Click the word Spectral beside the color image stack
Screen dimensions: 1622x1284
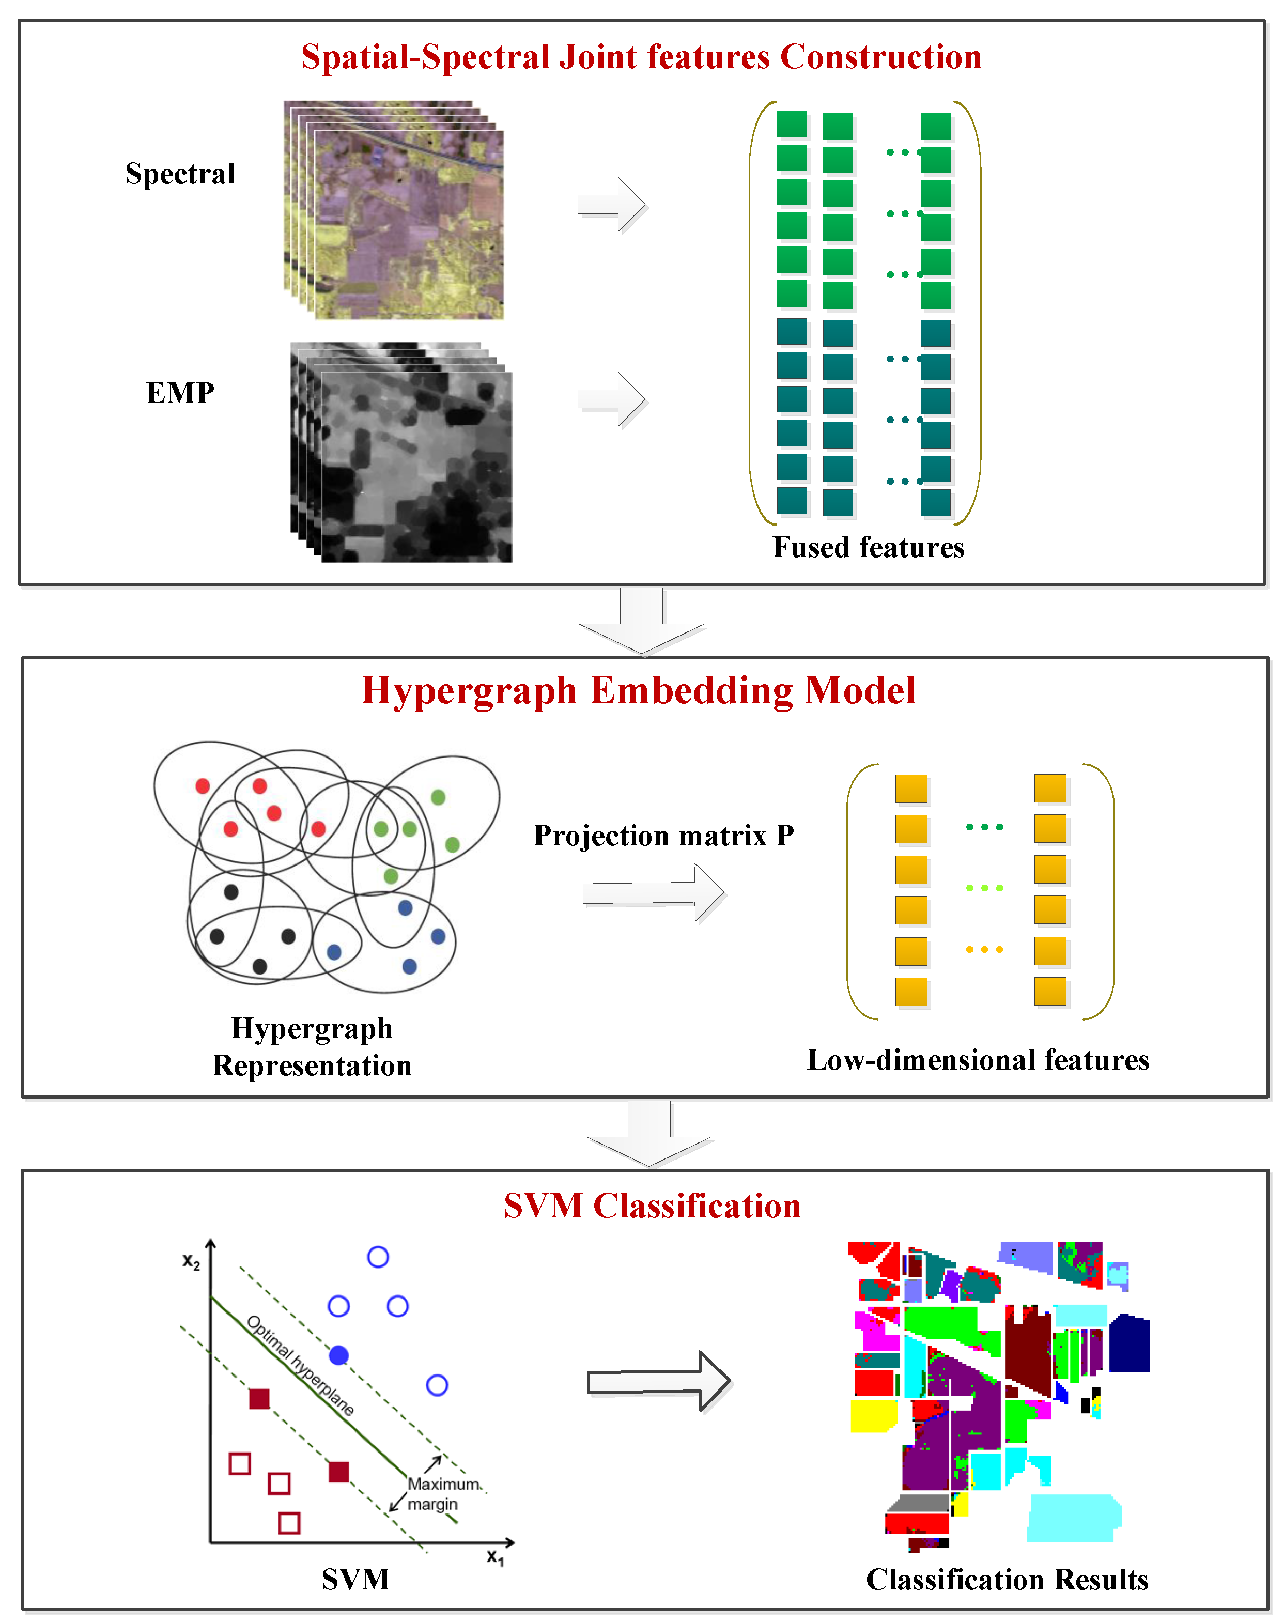(x=180, y=174)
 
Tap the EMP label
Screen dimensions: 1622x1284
(x=180, y=392)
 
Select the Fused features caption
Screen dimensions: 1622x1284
(x=868, y=547)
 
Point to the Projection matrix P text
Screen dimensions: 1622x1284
(x=663, y=835)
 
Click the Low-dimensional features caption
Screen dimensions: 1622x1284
(x=977, y=1060)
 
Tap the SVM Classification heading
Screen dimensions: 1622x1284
(x=652, y=1206)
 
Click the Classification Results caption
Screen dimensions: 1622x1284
(x=1007, y=1579)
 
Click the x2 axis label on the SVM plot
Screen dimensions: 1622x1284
(x=192, y=1262)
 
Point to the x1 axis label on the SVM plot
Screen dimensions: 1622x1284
(x=494, y=1556)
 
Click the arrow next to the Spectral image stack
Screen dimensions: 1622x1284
(x=611, y=205)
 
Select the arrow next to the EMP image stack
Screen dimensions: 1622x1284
(x=611, y=399)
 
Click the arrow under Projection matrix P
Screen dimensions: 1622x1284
(x=653, y=892)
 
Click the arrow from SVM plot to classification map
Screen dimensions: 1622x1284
(x=658, y=1381)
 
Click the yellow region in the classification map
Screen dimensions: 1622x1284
(x=872, y=1415)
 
